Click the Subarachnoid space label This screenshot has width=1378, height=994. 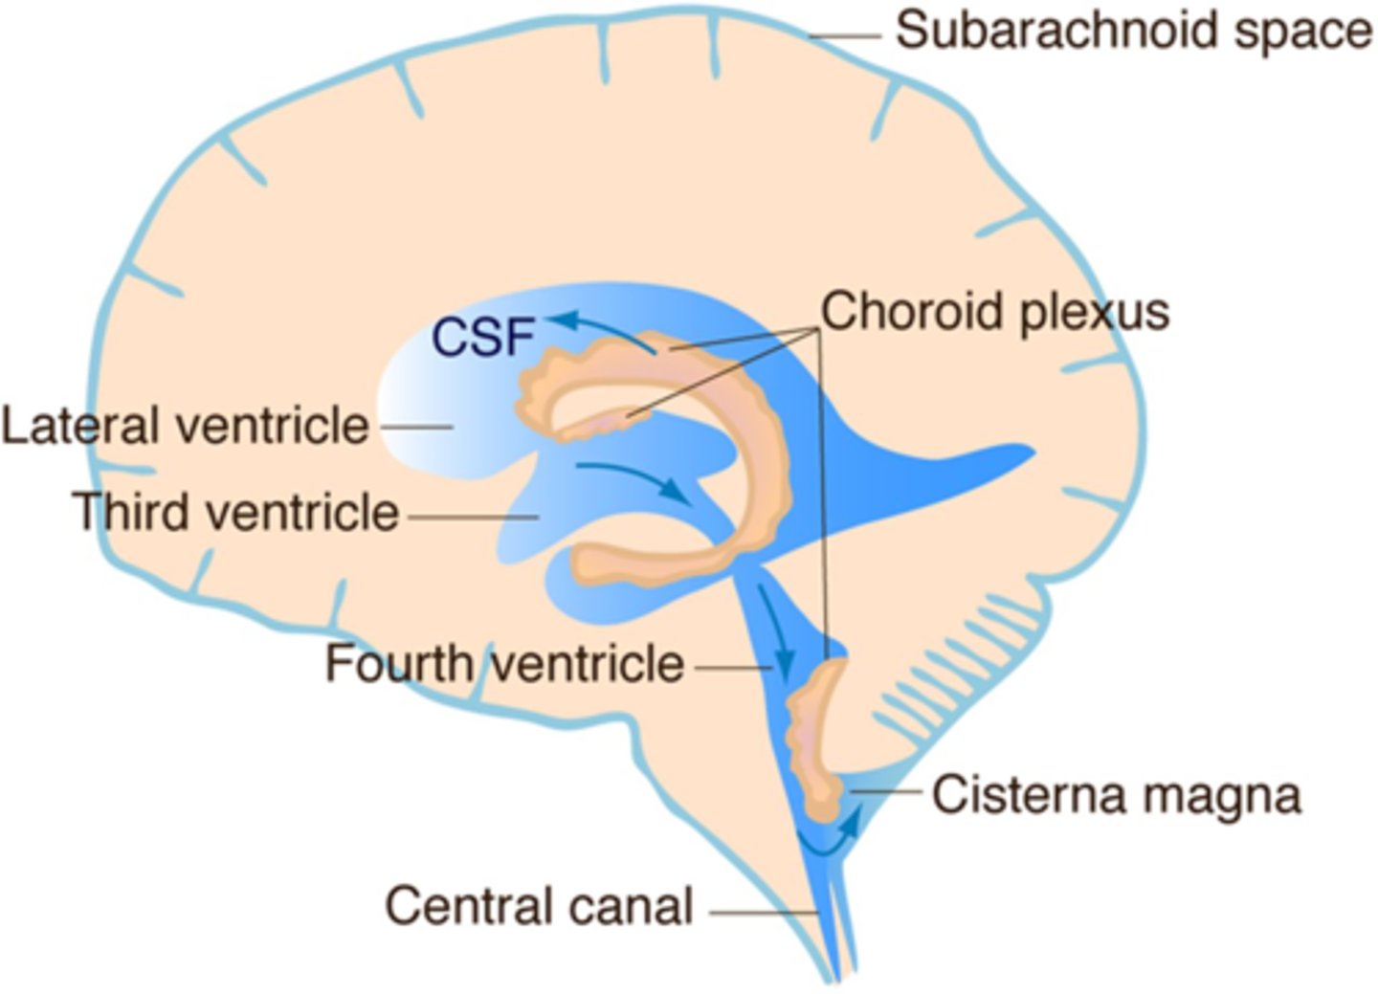(x=1133, y=31)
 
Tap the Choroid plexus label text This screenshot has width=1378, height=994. (x=995, y=312)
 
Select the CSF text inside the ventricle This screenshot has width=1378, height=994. (x=481, y=337)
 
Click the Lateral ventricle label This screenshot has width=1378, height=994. (x=185, y=426)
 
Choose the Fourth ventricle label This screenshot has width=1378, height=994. (x=504, y=664)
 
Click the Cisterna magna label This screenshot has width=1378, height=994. (x=1116, y=795)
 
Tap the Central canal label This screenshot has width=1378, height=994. (x=539, y=905)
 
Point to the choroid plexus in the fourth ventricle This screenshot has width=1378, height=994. (x=813, y=737)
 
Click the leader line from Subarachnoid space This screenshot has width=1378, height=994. (x=844, y=36)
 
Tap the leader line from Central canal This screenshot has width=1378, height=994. (x=762, y=912)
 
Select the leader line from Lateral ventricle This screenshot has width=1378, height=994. (x=415, y=427)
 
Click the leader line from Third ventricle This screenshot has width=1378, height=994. (x=473, y=517)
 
